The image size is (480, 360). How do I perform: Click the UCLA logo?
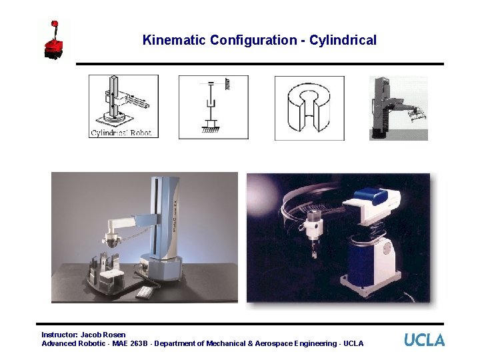click(424, 339)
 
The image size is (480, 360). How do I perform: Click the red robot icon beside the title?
click(55, 42)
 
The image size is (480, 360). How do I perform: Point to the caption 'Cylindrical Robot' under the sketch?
click(121, 132)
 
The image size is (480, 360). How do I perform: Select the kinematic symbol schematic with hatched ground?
click(213, 107)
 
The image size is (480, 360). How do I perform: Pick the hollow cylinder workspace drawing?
click(309, 107)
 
